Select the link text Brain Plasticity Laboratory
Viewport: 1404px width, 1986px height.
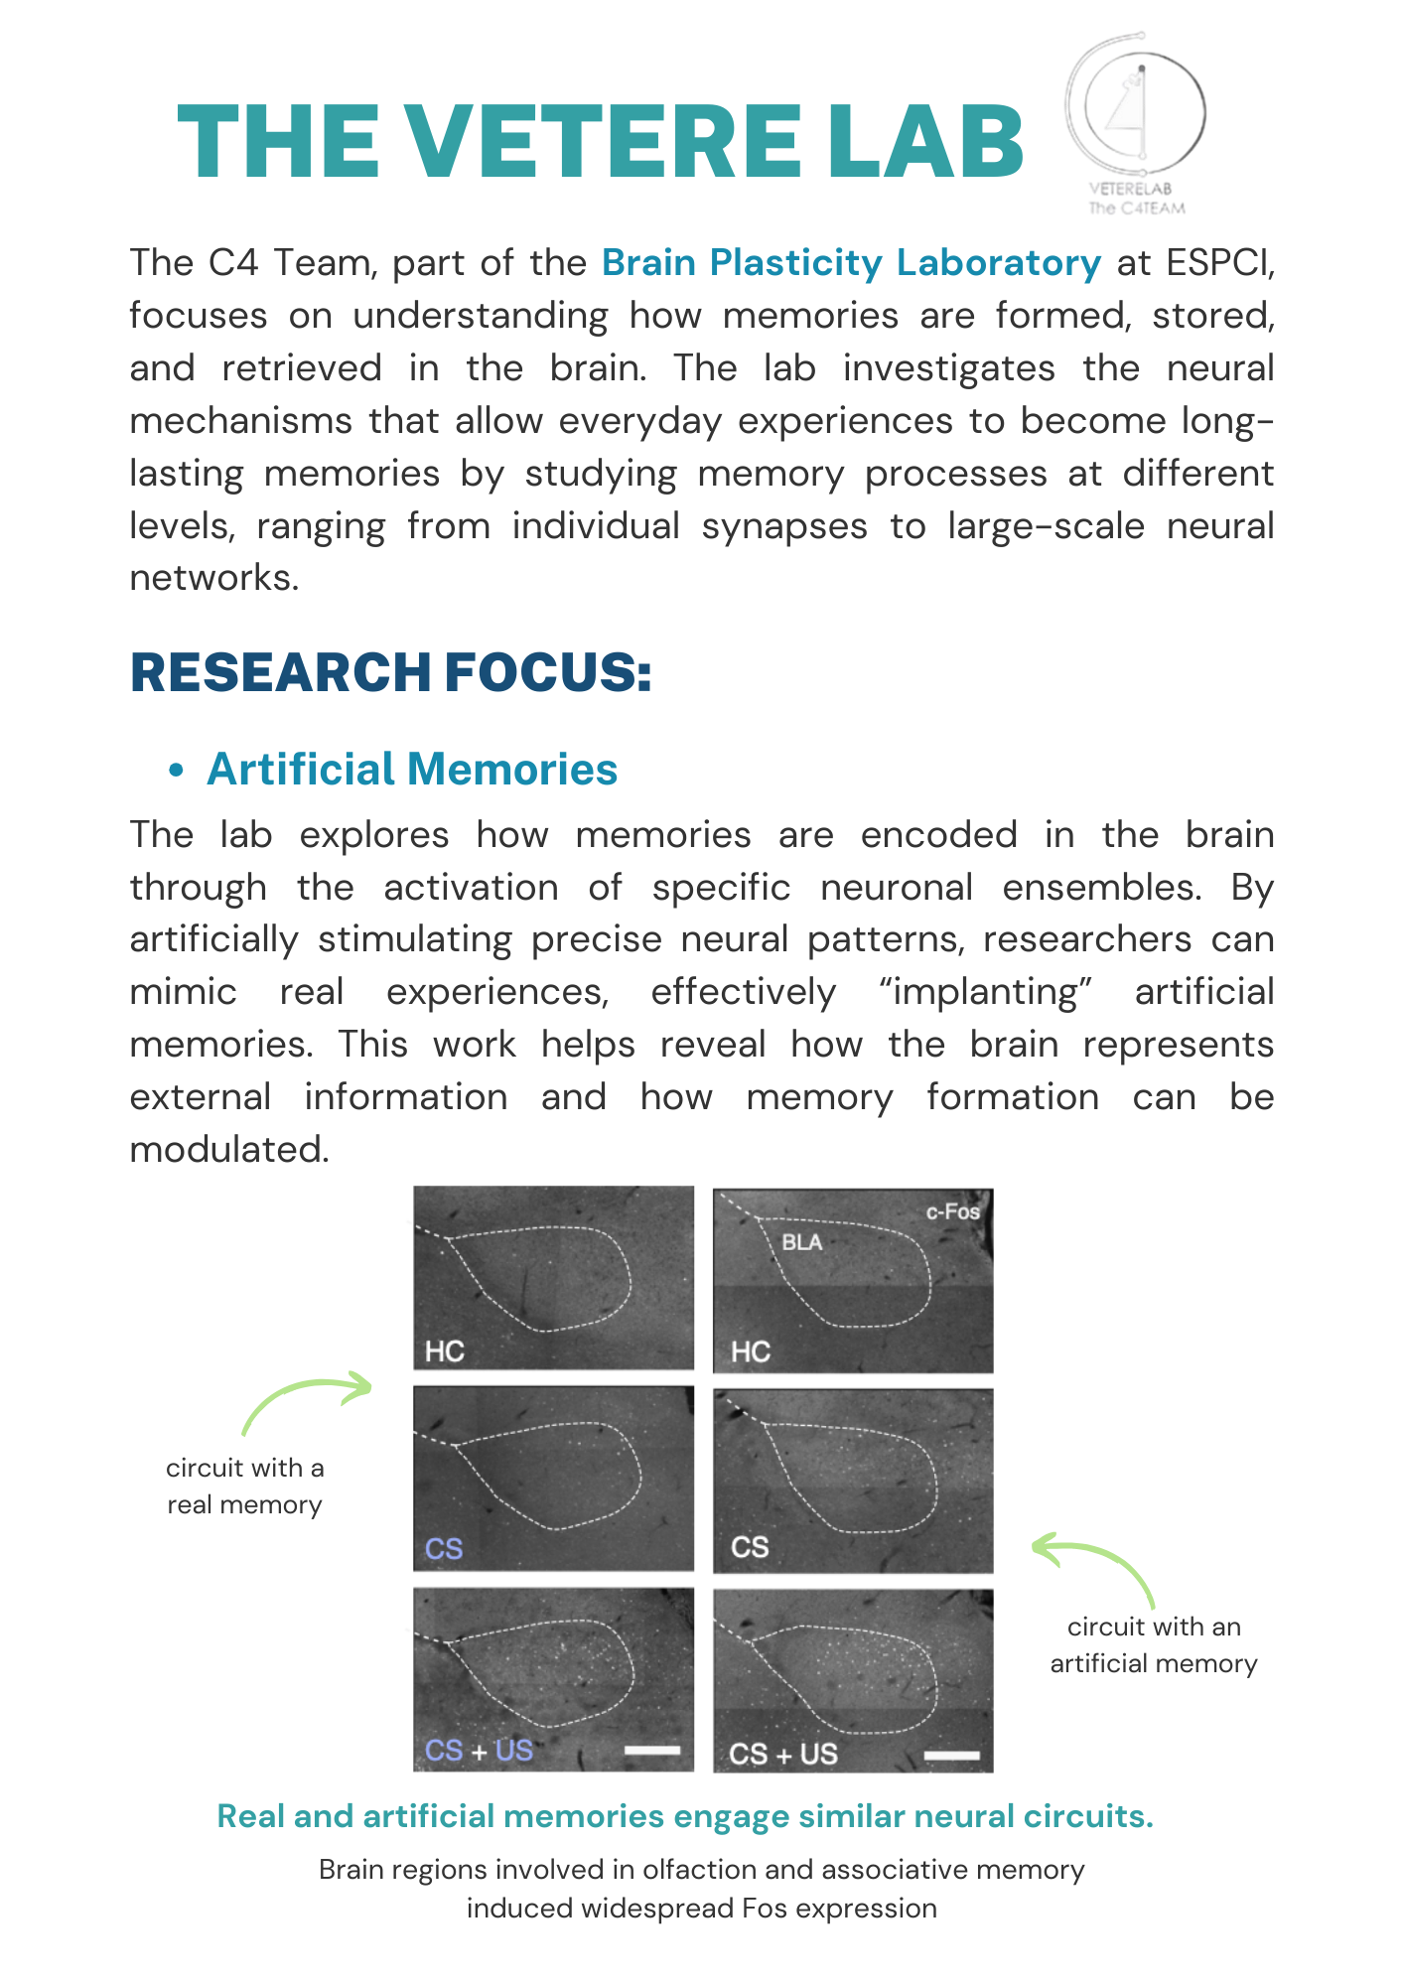pyautogui.click(x=851, y=263)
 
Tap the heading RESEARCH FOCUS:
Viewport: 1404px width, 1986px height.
pyautogui.click(x=390, y=672)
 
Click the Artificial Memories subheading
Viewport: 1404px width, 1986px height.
pyautogui.click(x=412, y=770)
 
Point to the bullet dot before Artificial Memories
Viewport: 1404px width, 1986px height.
pyautogui.click(x=177, y=772)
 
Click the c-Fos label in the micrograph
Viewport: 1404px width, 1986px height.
pyautogui.click(x=952, y=1211)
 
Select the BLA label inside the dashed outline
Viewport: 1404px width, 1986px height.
pyautogui.click(x=801, y=1242)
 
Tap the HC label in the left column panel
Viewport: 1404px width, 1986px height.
pyautogui.click(x=444, y=1351)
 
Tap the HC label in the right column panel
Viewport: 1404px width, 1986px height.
pyautogui.click(x=751, y=1351)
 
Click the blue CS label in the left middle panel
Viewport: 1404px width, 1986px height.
pyautogui.click(x=444, y=1549)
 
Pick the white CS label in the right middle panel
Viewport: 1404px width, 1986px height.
pyautogui.click(x=750, y=1547)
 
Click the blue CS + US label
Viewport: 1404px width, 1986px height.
pyautogui.click(x=479, y=1750)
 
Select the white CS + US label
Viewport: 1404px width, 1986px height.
pyautogui.click(x=783, y=1754)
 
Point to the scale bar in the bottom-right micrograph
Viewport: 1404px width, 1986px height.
pyautogui.click(x=951, y=1756)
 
